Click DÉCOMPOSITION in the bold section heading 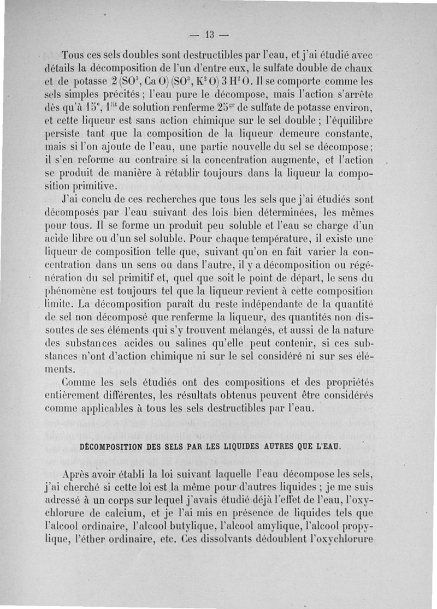pyautogui.click(x=111, y=447)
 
